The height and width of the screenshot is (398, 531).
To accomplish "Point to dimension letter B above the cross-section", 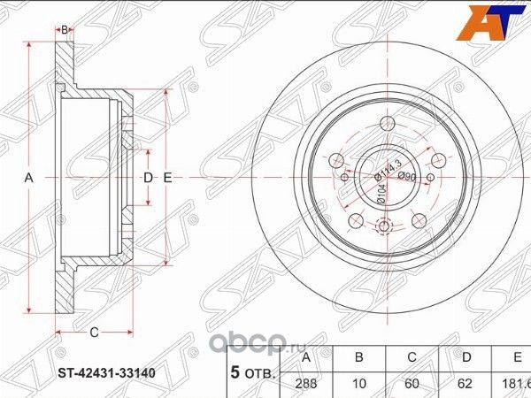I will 65,30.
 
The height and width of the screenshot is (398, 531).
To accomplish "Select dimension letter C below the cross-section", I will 92,332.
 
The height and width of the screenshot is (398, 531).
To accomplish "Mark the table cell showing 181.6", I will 514,384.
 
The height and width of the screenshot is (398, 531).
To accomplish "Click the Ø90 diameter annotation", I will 407,177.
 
